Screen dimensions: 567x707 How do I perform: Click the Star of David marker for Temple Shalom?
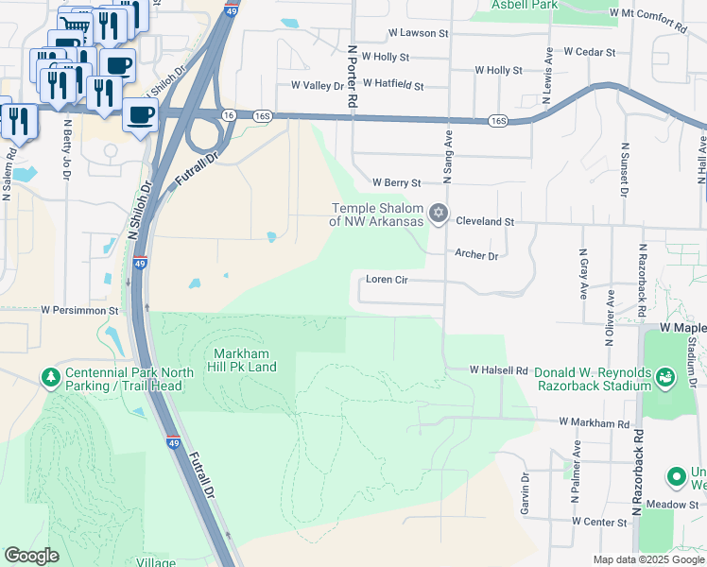tap(437, 213)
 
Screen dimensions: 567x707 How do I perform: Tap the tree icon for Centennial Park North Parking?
tap(49, 378)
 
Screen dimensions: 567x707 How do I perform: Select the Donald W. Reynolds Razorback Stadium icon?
tap(666, 378)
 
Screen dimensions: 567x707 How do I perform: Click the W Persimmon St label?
tap(79, 309)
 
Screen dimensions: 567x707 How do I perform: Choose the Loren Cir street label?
tap(386, 280)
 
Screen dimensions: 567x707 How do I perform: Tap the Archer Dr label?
tap(475, 254)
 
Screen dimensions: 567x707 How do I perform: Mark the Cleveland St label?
tap(484, 221)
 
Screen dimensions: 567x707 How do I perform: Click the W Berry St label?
tap(395, 181)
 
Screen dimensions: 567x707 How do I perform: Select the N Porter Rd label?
tap(352, 75)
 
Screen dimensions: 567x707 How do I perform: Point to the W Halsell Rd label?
tap(498, 370)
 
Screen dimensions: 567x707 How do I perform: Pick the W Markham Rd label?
tap(594, 421)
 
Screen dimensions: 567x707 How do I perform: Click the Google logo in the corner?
tap(31, 556)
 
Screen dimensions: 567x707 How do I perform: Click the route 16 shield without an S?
tap(229, 114)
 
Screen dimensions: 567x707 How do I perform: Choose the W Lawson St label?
tap(418, 32)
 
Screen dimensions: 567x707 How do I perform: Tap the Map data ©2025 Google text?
tap(648, 559)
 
